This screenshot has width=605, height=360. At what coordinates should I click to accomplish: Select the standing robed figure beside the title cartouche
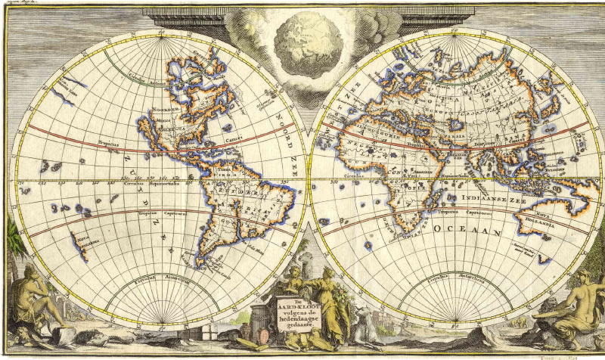[332, 299]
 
